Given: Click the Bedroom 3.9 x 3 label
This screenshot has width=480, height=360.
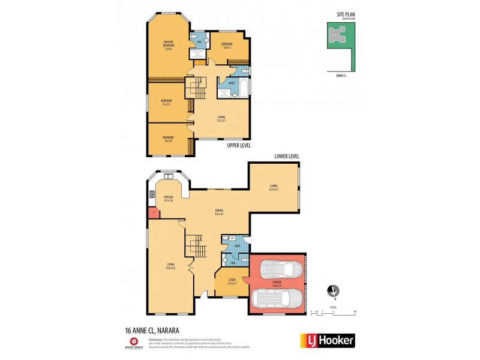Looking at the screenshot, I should (x=227, y=45).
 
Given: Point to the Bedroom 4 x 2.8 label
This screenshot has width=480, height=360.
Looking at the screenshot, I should (x=167, y=139).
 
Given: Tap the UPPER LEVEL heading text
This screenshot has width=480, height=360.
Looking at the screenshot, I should (x=239, y=146).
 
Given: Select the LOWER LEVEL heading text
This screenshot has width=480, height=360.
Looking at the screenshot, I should (x=287, y=157).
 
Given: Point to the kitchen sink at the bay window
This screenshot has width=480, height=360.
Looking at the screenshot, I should (x=169, y=176).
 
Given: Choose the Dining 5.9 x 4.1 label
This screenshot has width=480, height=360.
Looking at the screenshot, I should (x=220, y=212).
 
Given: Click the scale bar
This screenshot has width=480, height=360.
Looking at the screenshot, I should (x=334, y=312).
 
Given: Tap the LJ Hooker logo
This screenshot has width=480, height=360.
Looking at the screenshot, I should (x=327, y=340).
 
